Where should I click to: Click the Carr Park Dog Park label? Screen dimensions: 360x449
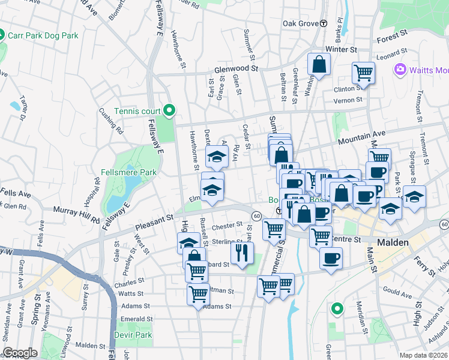pyautogui.click(x=43, y=35)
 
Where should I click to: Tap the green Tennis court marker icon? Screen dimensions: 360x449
pyautogui.click(x=169, y=109)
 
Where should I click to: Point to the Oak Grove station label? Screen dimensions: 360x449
pyautogui.click(x=301, y=23)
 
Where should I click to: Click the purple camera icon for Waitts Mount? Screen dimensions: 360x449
pyautogui.click(x=400, y=70)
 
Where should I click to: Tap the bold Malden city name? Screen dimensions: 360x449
pyautogui.click(x=393, y=242)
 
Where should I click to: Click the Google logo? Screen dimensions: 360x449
pyautogui.click(x=20, y=353)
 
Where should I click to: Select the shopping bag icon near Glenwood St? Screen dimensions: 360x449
pyautogui.click(x=319, y=64)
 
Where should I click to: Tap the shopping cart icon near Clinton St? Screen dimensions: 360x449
pyautogui.click(x=363, y=73)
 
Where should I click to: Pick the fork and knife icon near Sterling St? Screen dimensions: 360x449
pyautogui.click(x=242, y=251)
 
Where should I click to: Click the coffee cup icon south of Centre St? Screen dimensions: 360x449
pyautogui.click(x=331, y=258)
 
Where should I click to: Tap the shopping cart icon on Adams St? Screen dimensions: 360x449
pyautogui.click(x=198, y=294)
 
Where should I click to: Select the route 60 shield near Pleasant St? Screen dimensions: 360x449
pyautogui.click(x=256, y=215)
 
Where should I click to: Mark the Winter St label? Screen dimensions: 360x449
pyautogui.click(x=341, y=49)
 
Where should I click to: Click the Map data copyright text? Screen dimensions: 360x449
pyautogui.click(x=423, y=355)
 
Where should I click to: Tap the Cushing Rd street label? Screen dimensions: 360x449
pyautogui.click(x=111, y=120)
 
